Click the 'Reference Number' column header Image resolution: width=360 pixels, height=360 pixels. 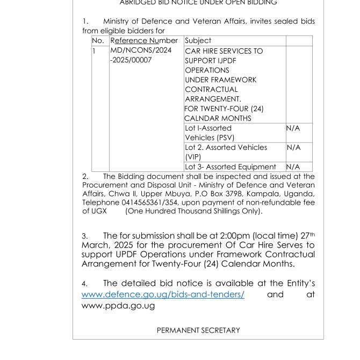[x=143, y=41]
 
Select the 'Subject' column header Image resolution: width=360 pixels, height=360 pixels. [x=198, y=41]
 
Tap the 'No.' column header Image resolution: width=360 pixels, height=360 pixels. [x=98, y=41]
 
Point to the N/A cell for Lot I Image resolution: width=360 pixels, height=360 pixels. [x=293, y=128]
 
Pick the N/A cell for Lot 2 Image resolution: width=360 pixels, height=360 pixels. [x=293, y=147]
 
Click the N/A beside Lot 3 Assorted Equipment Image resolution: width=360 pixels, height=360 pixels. [x=293, y=167]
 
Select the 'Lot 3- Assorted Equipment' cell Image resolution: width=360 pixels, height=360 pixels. [x=231, y=167]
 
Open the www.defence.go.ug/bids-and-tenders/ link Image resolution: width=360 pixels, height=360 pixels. [x=163, y=294]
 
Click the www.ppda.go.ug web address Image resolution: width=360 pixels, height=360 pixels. [x=118, y=306]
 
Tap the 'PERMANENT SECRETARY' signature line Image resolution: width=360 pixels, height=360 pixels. [x=198, y=330]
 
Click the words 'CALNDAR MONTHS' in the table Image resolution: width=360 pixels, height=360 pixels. [x=218, y=118]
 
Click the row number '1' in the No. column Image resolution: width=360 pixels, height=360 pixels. [x=94, y=51]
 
